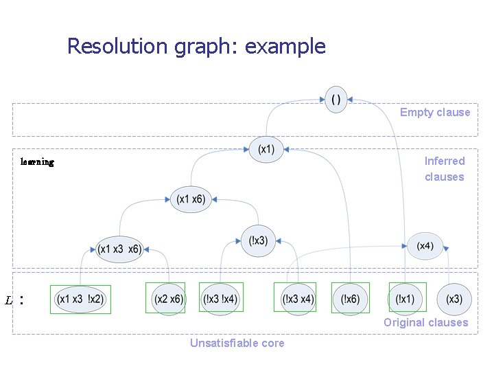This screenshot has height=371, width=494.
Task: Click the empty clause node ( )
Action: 336,99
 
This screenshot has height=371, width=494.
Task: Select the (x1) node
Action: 266,149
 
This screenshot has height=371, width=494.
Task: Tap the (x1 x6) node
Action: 190,199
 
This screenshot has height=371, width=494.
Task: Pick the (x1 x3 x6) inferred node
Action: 119,249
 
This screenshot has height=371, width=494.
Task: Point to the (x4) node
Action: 425,246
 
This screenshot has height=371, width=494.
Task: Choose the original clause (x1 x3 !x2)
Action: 81,299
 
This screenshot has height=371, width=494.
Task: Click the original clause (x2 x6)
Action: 169,299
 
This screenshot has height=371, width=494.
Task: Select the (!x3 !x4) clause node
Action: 221,299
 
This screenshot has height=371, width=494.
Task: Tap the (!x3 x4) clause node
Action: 298,299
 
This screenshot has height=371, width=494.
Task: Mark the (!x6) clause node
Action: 350,299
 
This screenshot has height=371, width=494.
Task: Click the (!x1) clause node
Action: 406,299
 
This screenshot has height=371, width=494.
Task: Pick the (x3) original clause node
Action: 454,299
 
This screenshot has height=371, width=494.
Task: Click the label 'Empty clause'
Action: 435,113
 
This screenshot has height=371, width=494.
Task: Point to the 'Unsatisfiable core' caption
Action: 237,343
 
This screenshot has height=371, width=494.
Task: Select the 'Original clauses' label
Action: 425,322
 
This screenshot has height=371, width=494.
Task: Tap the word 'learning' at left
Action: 38,162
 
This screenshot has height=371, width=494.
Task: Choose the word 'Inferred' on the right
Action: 445,161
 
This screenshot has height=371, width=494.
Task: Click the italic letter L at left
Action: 9,301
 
